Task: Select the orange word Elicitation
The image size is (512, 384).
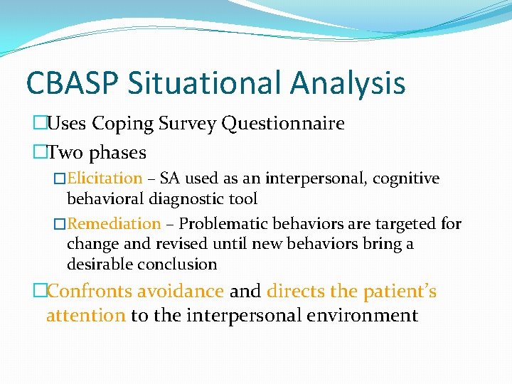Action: coord(105,178)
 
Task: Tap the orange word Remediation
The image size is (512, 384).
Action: coord(114,223)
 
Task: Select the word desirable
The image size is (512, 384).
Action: coord(97,264)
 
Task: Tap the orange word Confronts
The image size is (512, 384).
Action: coord(89,292)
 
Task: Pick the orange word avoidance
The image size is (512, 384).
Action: coord(181,292)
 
